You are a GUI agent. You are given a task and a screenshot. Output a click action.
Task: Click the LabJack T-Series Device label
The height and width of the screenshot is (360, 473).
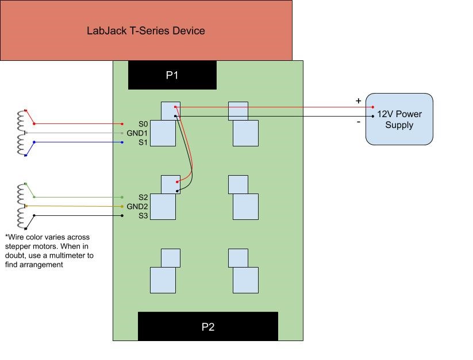tap(145, 30)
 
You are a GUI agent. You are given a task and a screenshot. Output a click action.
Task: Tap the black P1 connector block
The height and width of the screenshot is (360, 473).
tap(172, 75)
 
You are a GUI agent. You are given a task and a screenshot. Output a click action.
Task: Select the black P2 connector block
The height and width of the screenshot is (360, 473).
tap(207, 327)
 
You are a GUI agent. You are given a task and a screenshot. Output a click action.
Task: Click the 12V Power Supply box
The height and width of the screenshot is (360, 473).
tap(399, 119)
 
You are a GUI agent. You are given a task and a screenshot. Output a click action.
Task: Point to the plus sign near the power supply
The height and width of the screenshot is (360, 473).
tap(359, 101)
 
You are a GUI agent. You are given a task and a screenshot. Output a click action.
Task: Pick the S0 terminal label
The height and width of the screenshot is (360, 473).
tap(143, 124)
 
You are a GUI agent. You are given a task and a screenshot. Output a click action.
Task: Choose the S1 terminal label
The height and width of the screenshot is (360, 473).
tap(143, 142)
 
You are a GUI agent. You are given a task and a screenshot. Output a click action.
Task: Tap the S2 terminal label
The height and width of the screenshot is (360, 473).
tap(143, 198)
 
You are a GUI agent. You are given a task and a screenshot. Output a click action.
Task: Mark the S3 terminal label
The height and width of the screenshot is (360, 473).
tap(143, 216)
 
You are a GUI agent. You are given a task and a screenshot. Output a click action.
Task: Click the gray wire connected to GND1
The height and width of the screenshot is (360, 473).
tap(75, 133)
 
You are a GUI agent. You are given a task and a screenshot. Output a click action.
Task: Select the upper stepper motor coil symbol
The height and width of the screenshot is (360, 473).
tap(22, 133)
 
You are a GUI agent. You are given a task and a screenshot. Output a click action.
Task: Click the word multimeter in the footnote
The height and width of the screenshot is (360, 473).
tap(64, 255)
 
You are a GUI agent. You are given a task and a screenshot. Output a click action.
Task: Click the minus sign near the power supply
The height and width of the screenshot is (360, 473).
tap(359, 122)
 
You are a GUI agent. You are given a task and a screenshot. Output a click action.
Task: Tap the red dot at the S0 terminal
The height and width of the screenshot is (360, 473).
tap(122, 124)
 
